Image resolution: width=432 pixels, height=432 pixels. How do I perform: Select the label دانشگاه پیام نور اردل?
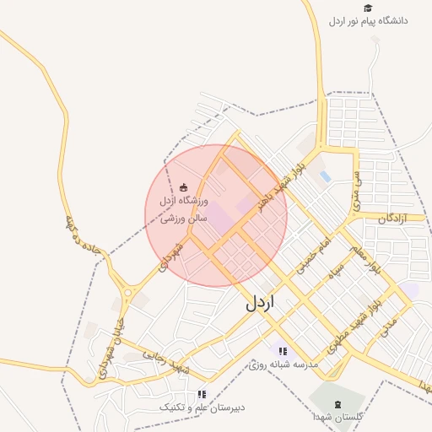(368, 20)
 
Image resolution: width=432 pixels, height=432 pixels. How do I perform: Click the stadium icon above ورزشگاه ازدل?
(184, 187)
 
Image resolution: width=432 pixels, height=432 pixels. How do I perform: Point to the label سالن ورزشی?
(183, 216)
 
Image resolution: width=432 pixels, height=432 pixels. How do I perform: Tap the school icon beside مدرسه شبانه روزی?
(283, 352)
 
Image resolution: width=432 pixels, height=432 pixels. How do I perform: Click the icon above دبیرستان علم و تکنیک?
(201, 394)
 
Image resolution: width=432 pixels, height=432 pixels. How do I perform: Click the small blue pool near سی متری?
(325, 175)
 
